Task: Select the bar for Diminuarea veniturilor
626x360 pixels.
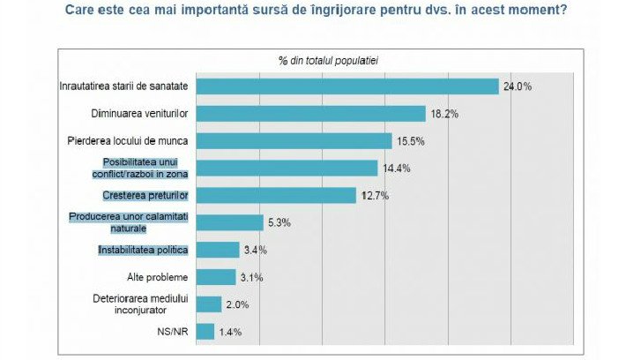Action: (310, 113)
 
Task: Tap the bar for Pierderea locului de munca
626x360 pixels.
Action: (293, 140)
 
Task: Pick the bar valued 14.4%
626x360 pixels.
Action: (286, 168)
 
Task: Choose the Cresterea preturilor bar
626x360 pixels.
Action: (275, 195)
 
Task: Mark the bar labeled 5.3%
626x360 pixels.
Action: (229, 222)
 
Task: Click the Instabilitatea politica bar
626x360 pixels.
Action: (217, 250)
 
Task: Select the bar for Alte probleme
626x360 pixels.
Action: (216, 277)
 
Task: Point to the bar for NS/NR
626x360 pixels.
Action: (205, 332)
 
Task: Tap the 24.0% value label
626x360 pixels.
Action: (518, 86)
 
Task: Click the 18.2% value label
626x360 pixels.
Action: (444, 114)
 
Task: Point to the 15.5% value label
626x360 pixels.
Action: (410, 141)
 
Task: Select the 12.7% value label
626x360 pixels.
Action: (376, 195)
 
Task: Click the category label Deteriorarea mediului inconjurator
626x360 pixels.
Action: (142, 304)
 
